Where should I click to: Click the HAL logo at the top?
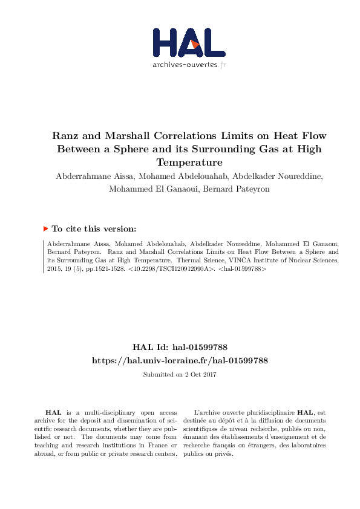coord(188,42)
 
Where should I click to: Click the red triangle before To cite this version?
coord(45,229)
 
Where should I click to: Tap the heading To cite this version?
coord(94,229)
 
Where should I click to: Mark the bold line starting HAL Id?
coord(180,348)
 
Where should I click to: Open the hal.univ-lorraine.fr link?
coord(180,360)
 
